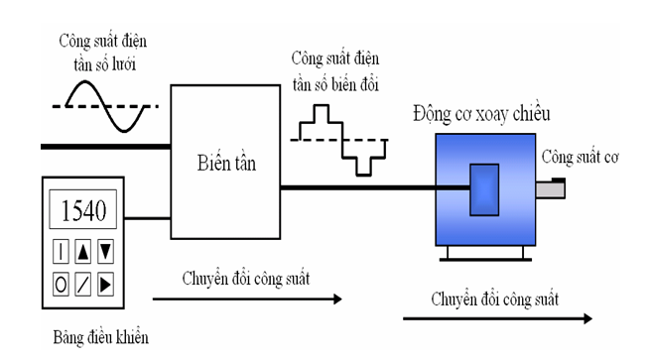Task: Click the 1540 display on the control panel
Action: pyautogui.click(x=83, y=210)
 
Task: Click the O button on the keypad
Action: pyautogui.click(x=62, y=285)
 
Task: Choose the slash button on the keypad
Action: pyautogui.click(x=84, y=285)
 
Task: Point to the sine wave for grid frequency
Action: pyautogui.click(x=106, y=105)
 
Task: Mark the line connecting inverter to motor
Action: pyautogui.click(x=357, y=186)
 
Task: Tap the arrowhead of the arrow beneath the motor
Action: pyautogui.click(x=585, y=318)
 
